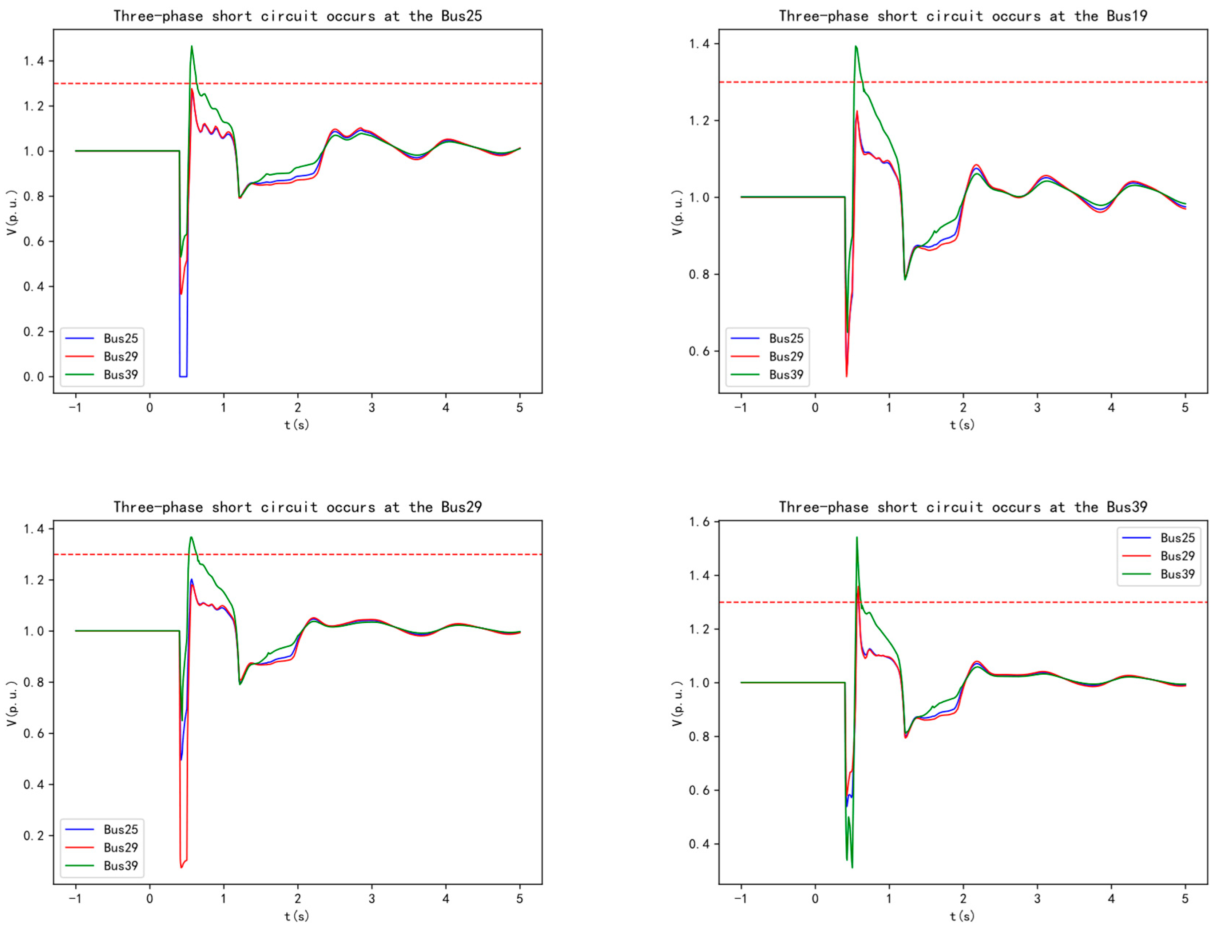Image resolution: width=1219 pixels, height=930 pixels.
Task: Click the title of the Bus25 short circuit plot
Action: click(x=297, y=16)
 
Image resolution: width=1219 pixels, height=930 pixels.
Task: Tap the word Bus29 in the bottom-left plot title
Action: click(x=461, y=507)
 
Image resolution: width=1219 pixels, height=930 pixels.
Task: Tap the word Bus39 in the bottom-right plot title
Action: click(x=1127, y=507)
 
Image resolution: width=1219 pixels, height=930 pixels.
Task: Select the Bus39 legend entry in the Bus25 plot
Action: click(x=120, y=375)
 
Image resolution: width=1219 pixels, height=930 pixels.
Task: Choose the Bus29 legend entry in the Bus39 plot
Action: click(x=1177, y=556)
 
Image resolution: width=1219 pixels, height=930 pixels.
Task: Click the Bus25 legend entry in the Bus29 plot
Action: click(x=120, y=829)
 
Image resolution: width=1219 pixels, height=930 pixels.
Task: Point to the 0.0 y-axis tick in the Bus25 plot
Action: click(x=33, y=377)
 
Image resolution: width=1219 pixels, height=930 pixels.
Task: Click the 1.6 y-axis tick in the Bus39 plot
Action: click(x=699, y=522)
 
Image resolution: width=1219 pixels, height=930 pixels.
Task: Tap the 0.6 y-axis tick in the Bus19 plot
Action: click(x=699, y=351)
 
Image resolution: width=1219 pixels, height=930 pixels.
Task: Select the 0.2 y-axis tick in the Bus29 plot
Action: click(x=33, y=835)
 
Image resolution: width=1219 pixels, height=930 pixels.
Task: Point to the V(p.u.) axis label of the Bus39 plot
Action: click(x=677, y=703)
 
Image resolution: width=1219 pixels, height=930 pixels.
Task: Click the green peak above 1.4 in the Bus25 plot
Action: click(x=192, y=47)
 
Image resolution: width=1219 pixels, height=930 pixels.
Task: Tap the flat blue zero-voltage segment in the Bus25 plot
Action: click(x=183, y=376)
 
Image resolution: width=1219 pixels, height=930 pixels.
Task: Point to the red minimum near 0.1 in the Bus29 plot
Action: click(x=181, y=866)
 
